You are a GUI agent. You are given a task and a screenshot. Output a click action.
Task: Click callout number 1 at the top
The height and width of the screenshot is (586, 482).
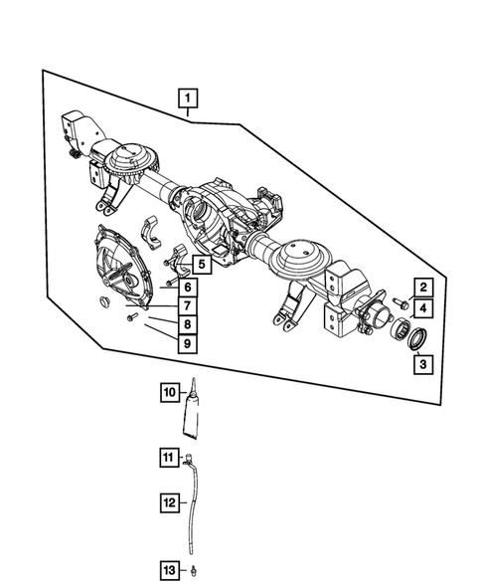(187, 98)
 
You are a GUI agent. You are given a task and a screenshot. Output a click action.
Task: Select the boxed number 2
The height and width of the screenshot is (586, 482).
(421, 290)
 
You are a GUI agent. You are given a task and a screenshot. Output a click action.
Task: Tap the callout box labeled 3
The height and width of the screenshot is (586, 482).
(421, 364)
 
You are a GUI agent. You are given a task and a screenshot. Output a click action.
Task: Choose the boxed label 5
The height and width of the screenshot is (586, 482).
(201, 265)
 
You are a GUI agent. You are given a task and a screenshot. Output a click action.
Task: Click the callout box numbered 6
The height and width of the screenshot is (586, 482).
(187, 288)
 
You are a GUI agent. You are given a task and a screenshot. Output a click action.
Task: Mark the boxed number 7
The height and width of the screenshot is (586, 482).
(187, 305)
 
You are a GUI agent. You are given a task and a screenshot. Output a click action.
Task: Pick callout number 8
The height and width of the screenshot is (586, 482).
(187, 324)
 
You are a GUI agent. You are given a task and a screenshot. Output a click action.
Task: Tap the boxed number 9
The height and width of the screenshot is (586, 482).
(187, 343)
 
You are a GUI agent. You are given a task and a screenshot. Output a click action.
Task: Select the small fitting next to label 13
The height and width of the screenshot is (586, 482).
(196, 570)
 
